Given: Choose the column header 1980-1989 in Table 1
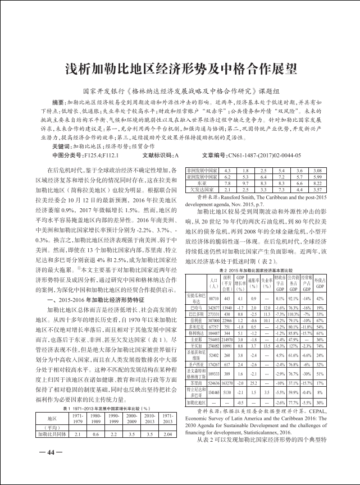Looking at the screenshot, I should (x=96, y=434).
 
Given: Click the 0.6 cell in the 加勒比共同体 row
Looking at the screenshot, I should (x=96, y=450).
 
